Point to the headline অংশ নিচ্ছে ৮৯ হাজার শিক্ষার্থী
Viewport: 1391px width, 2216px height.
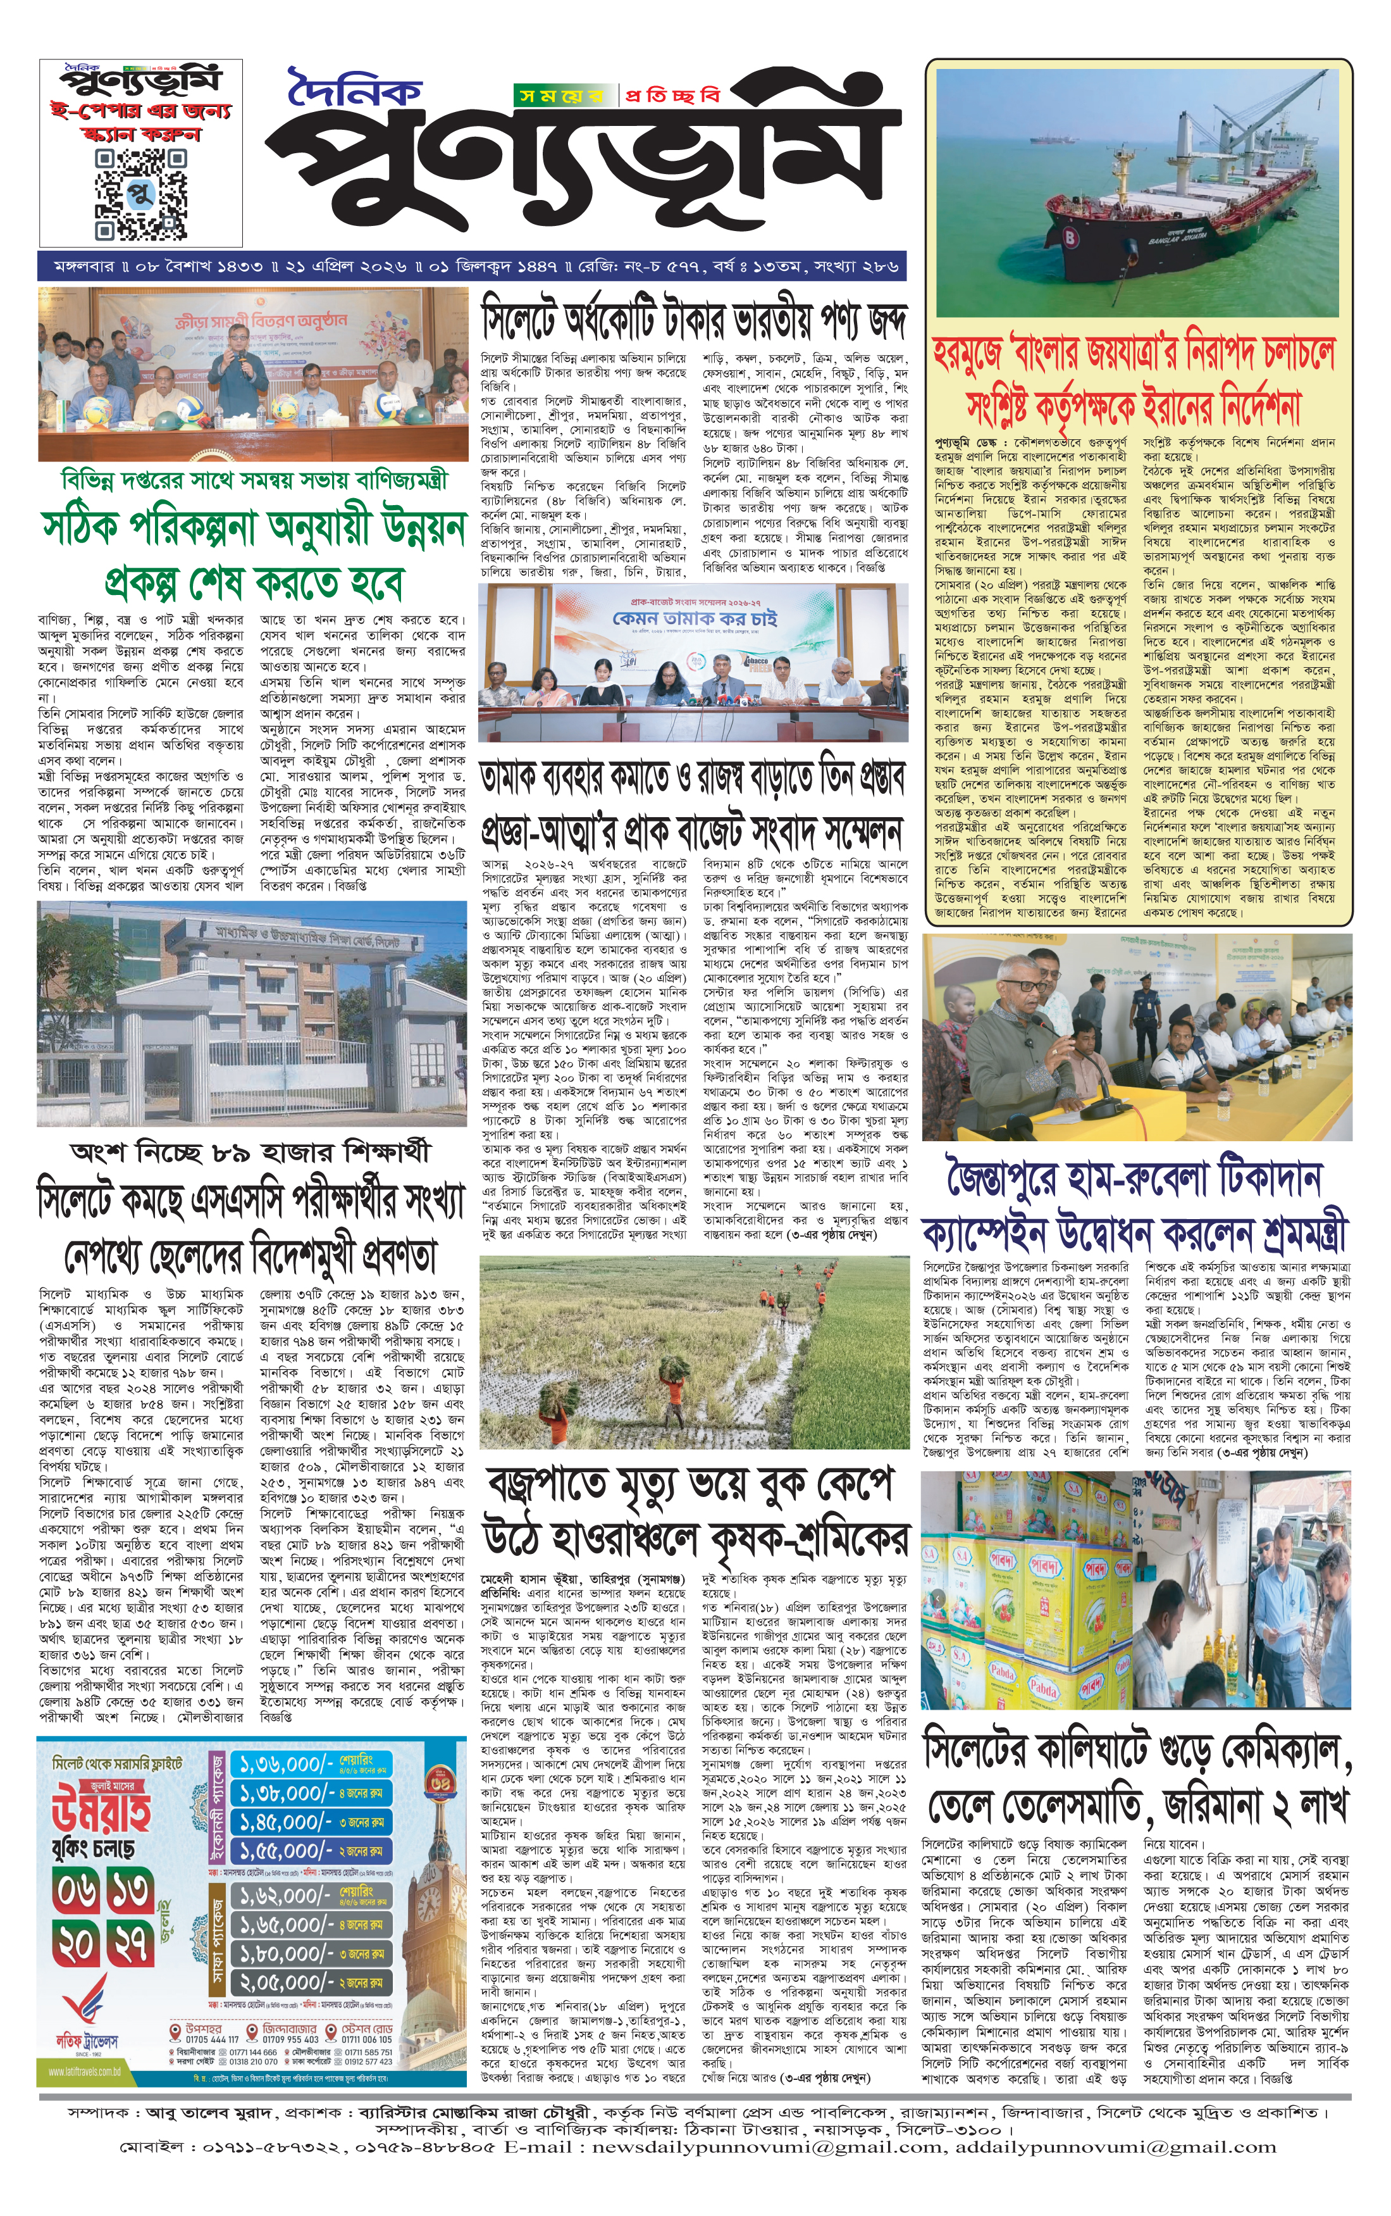click(251, 1153)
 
